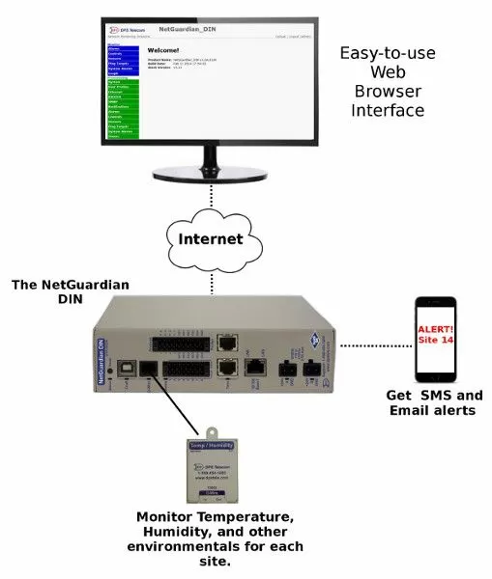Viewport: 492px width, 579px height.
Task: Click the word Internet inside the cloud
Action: tap(211, 237)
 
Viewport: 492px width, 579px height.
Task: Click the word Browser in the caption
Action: tap(382, 92)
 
